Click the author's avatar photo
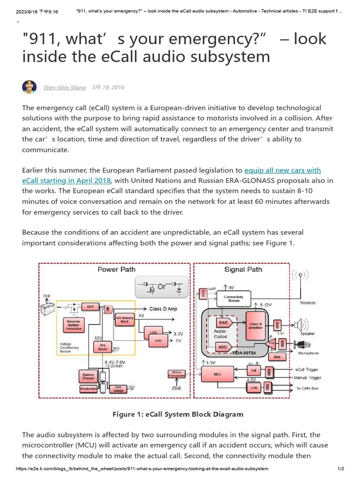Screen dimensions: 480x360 click(x=30, y=87)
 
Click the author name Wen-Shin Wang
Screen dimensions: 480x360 click(x=65, y=88)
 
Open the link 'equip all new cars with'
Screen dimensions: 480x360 click(x=283, y=170)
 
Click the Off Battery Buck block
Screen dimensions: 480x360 click(x=125, y=320)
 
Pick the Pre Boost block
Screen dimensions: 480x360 click(x=103, y=347)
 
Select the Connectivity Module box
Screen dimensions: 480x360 click(x=233, y=299)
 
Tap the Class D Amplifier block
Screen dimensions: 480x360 click(x=255, y=326)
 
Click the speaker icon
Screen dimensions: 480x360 click(x=300, y=324)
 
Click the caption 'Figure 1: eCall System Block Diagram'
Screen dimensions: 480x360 click(x=178, y=414)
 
